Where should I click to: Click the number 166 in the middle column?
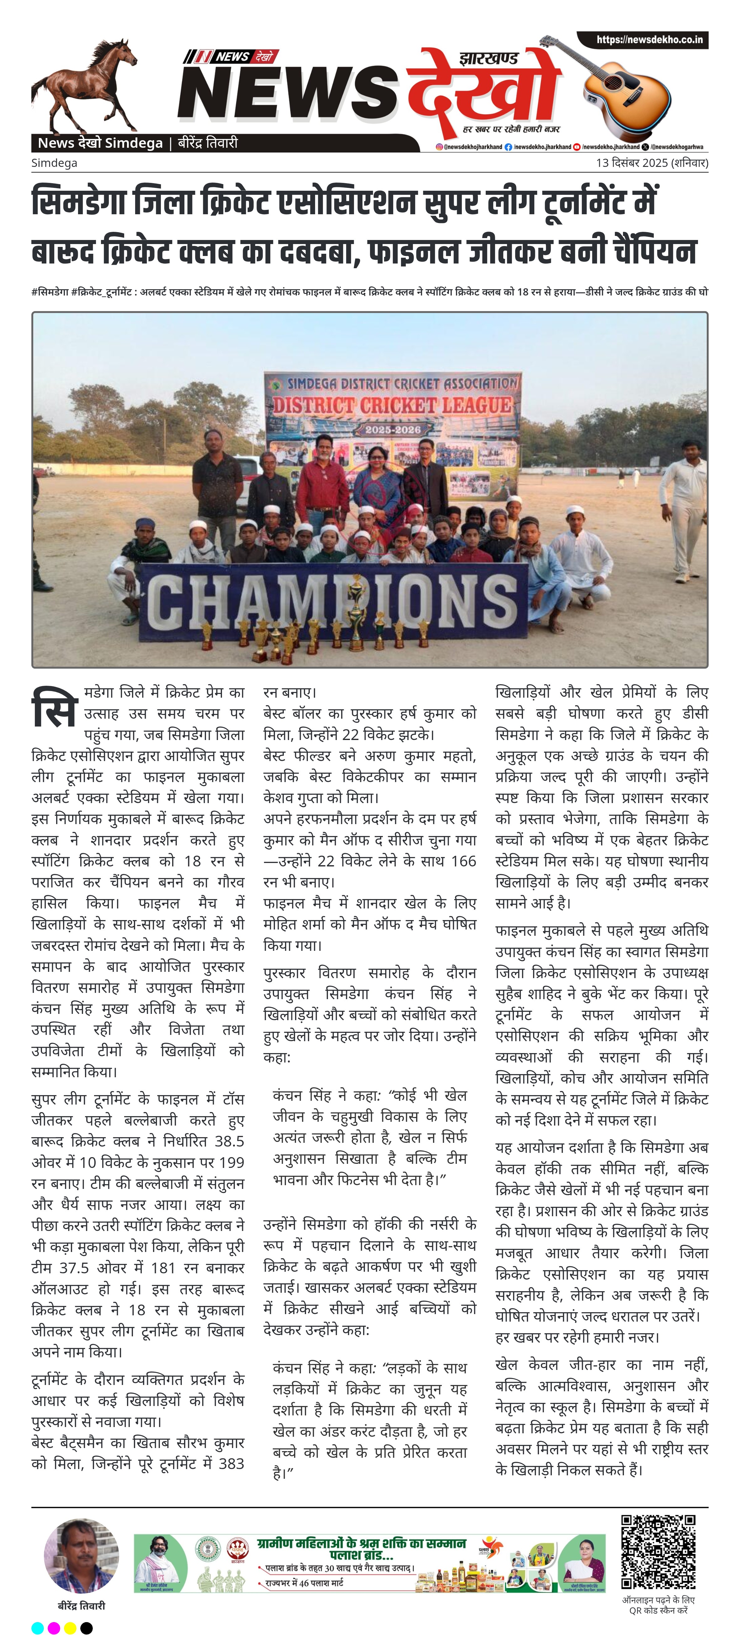[x=463, y=861]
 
